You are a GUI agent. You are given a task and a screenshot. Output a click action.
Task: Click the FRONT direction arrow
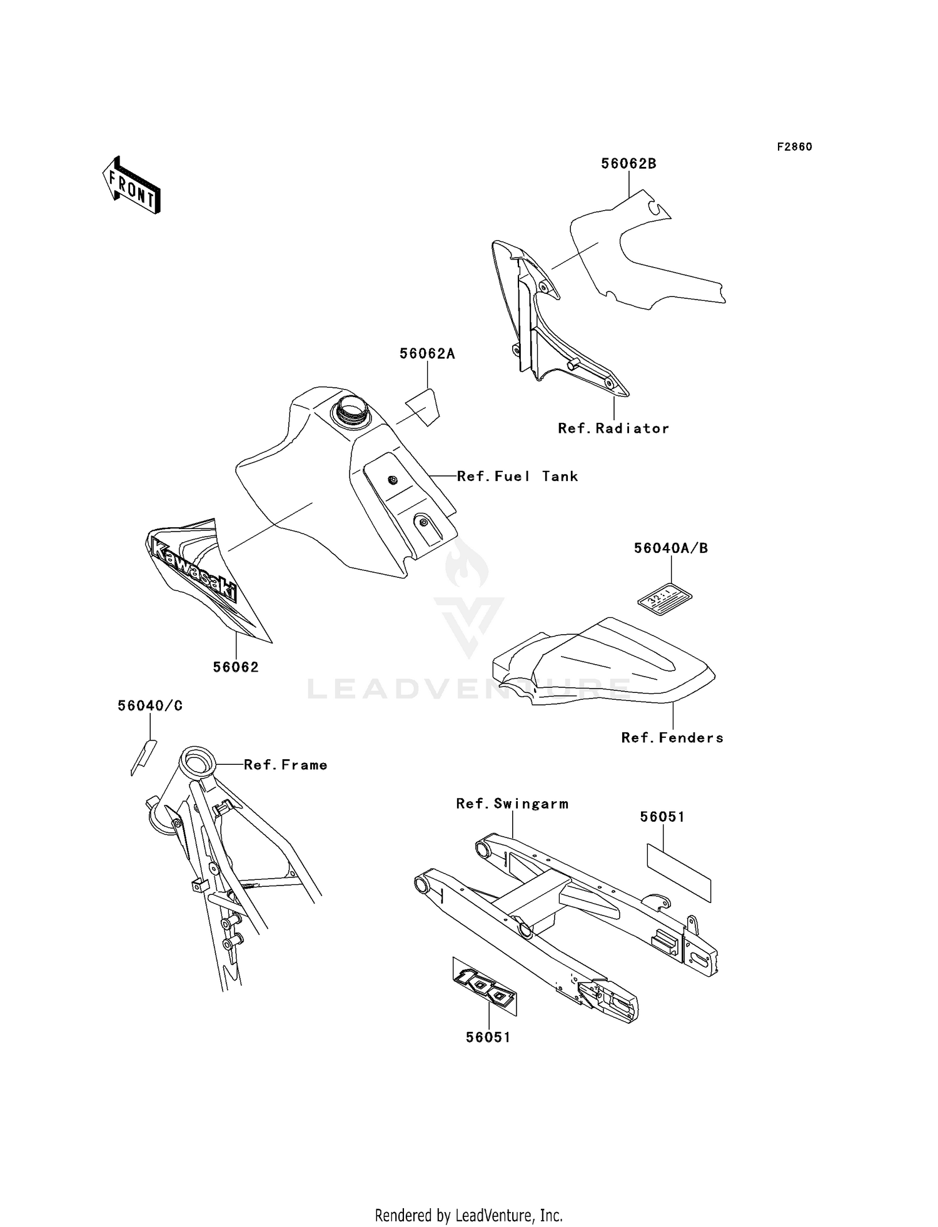click(131, 185)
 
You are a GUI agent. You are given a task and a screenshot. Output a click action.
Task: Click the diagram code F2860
click(794, 147)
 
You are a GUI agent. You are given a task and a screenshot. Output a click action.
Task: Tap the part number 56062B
click(628, 164)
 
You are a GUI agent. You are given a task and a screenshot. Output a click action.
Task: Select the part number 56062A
click(427, 354)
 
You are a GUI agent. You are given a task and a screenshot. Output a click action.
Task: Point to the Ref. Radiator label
click(613, 428)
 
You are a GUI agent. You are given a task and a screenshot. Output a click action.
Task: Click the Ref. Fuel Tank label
click(517, 477)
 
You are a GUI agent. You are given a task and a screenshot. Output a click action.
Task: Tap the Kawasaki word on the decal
click(194, 571)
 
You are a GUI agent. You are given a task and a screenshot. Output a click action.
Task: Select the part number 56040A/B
click(670, 548)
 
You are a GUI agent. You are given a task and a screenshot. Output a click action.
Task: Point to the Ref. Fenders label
click(672, 738)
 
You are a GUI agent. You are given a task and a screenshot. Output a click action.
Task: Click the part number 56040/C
click(150, 706)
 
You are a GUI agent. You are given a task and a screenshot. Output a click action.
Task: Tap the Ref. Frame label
click(285, 765)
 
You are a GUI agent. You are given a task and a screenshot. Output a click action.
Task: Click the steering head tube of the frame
click(196, 762)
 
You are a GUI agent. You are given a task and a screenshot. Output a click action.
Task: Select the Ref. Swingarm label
click(512, 804)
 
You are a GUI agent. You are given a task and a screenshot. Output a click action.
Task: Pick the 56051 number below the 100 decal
click(488, 1038)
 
